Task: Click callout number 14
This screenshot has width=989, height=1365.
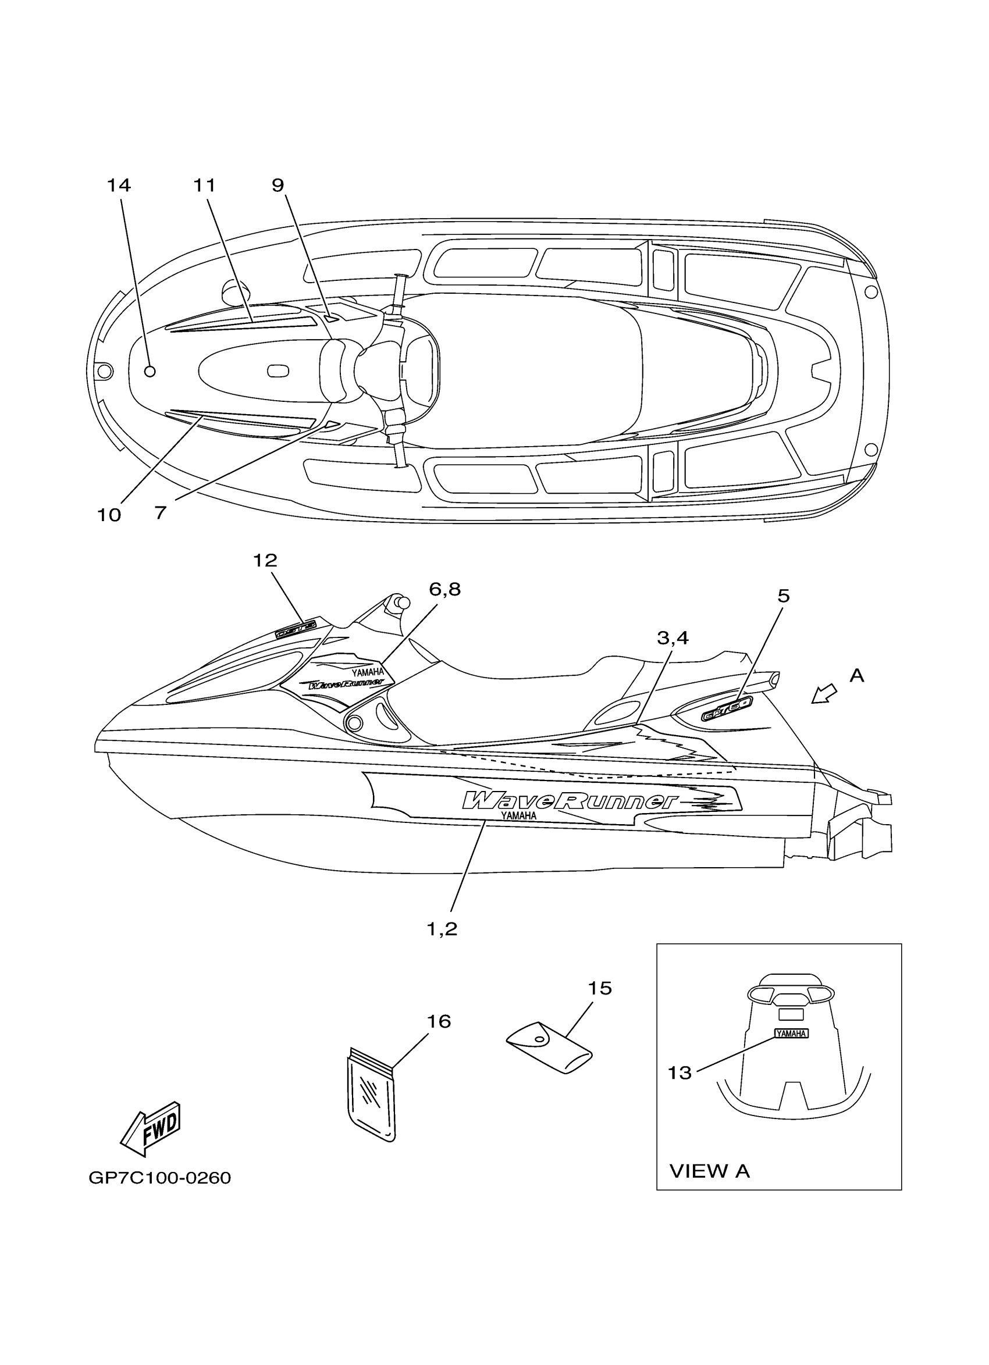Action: pos(119,186)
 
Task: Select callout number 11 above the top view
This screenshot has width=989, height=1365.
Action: pos(205,186)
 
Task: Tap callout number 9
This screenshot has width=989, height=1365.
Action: pos(278,186)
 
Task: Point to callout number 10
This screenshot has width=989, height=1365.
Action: pos(109,515)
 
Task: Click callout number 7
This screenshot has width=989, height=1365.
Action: pos(160,513)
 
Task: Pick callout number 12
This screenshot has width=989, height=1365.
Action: pos(265,560)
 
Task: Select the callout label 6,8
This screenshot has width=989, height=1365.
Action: pos(444,589)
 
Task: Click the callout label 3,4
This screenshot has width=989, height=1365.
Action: pos(673,638)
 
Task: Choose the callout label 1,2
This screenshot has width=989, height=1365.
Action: pos(442,929)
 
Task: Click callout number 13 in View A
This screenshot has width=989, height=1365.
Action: pos(680,1072)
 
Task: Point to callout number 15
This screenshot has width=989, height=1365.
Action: pos(600,988)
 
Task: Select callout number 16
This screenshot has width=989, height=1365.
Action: pos(439,1021)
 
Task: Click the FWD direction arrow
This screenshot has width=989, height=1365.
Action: pos(151,1128)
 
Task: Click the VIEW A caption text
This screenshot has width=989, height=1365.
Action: pos(710,1171)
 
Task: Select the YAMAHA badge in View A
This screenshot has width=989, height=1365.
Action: pos(791,1033)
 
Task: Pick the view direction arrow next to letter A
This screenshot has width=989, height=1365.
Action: pos(823,693)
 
